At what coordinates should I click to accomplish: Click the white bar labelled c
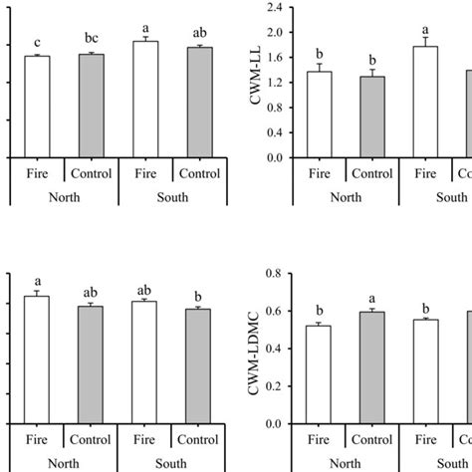(x=37, y=107)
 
